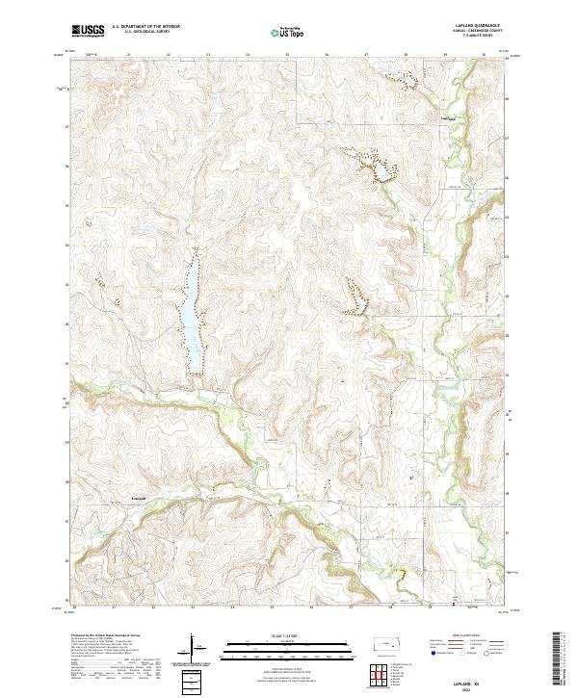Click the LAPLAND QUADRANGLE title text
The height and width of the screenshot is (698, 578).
pyautogui.click(x=473, y=26)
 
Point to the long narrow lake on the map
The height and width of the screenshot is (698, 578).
pyautogui.click(x=193, y=313)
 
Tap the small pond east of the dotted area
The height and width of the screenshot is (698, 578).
pyautogui.click(x=382, y=171)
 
